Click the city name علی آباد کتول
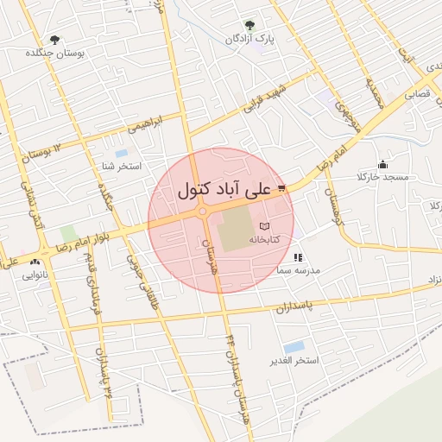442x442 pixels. (224, 189)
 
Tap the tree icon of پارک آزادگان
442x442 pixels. (249, 25)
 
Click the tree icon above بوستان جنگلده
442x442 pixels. (56, 39)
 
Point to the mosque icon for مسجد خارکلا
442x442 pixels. (382, 164)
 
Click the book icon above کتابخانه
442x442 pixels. (264, 226)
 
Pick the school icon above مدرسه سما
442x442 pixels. (298, 257)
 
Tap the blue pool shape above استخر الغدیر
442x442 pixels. (294, 347)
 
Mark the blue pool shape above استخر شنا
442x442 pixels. (121, 153)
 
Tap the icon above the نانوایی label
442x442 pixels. (35, 262)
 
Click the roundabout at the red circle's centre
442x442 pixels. (203, 211)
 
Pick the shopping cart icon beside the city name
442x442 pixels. (281, 186)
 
